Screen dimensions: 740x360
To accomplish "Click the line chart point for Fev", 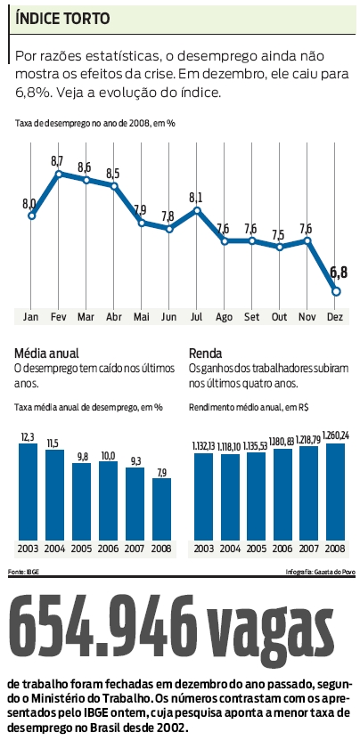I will pos(59,174).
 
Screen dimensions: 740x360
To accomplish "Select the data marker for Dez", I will pos(336,290).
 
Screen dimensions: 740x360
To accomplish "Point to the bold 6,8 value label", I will pos(339,272).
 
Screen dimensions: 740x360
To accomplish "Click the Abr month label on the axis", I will pos(114,316).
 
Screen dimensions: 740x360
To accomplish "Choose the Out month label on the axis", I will pos(280,316).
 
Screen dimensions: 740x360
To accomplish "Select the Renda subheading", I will pos(206,352).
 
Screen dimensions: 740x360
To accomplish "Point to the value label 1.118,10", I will pos(230,446).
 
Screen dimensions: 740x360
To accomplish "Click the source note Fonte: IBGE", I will pos(24,571).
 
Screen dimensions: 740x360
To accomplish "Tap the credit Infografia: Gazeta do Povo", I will pos(318,571).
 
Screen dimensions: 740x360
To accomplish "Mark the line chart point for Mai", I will pos(142,222).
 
